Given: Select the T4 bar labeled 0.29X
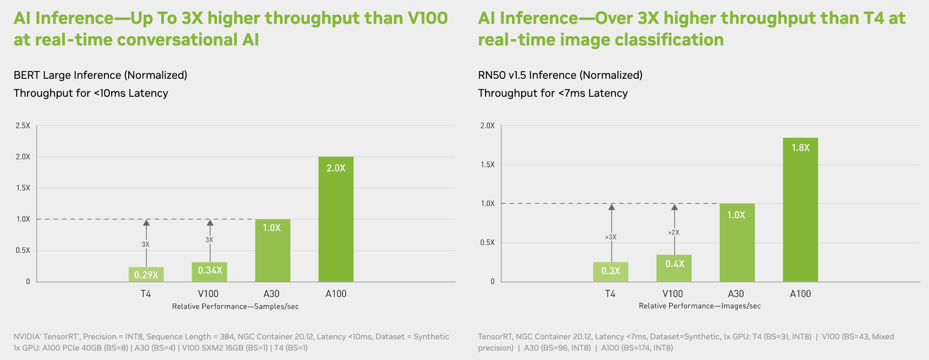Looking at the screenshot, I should tap(146, 274).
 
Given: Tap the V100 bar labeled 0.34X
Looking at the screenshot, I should tap(209, 272).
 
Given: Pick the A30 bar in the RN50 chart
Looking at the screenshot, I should tap(737, 243).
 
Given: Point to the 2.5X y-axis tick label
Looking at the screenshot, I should tap(23, 126).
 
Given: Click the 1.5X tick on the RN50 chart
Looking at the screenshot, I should tap(487, 165).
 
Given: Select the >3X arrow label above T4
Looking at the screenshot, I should tap(611, 237).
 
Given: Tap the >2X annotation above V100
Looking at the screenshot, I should tap(674, 233).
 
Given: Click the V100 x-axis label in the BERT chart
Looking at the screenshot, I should tap(208, 294).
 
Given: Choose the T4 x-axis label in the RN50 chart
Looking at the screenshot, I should tap(610, 294).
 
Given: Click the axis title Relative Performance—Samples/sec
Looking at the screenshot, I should tap(235, 306).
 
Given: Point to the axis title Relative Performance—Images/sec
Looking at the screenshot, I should tap(700, 306).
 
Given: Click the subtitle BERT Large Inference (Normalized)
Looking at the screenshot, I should tap(100, 75).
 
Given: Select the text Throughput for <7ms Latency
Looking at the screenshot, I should tap(553, 93).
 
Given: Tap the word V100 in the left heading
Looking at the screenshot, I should tap(428, 18).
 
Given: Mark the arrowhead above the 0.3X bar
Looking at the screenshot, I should tap(611, 207).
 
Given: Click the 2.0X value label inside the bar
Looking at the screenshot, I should tap(336, 168).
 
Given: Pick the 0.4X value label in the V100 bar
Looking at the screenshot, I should tap(674, 264).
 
